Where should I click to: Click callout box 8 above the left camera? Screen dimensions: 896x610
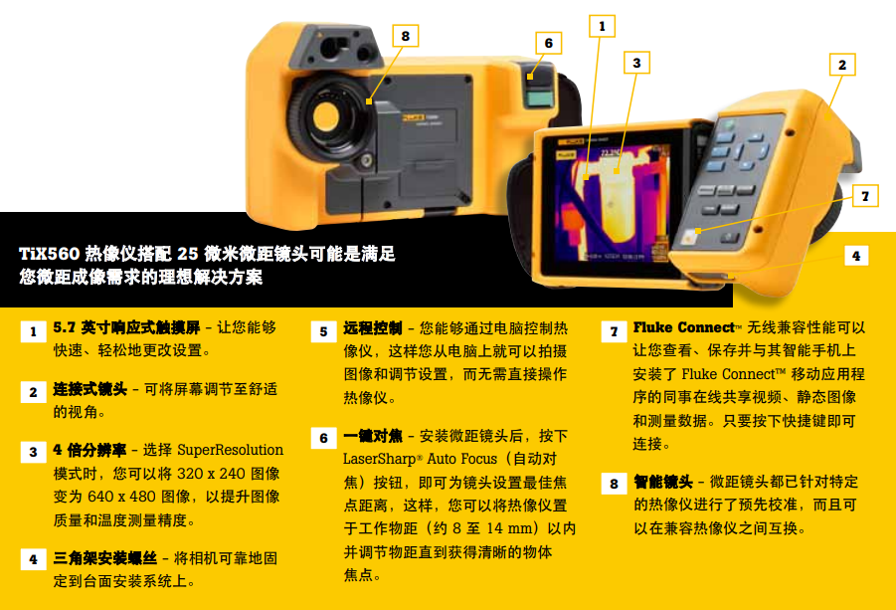(405, 36)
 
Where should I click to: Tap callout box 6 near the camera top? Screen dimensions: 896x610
(549, 43)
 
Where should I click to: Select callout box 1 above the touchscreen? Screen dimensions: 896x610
(602, 26)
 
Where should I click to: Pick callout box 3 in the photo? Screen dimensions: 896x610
(636, 63)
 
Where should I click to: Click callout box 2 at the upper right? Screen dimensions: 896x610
(842, 65)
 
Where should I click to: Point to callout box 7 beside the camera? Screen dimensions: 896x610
(865, 196)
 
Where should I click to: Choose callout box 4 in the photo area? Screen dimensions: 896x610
(856, 256)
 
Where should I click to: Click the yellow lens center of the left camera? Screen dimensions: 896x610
(326, 116)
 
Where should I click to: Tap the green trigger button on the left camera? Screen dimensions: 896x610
(538, 99)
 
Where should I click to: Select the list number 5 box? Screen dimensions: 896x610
(323, 332)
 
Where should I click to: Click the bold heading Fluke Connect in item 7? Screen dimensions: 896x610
(683, 327)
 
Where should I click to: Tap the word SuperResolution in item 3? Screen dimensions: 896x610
(231, 450)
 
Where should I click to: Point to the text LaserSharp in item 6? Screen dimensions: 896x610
(380, 459)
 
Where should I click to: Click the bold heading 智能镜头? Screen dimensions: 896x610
(663, 482)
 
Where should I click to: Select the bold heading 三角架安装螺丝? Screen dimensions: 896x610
(105, 558)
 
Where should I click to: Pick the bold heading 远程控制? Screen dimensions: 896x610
(373, 328)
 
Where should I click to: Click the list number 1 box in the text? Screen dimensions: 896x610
(33, 331)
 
